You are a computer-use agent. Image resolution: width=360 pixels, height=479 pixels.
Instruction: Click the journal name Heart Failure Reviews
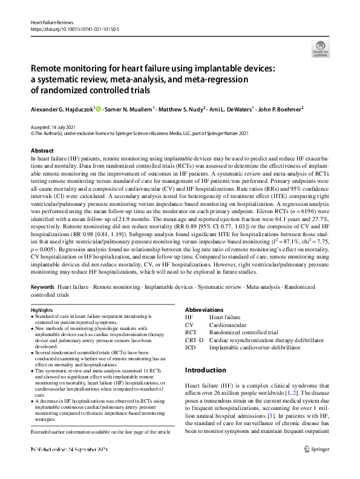47,22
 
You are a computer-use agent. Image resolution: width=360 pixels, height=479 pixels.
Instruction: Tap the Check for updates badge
319,48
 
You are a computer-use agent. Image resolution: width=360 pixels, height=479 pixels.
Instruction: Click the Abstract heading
42,150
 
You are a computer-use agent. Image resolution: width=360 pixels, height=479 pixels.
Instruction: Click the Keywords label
43,286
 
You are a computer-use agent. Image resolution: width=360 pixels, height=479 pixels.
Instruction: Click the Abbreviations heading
204,309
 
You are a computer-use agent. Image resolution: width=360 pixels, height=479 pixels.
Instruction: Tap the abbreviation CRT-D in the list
194,340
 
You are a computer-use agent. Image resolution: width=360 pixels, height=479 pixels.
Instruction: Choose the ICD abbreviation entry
190,348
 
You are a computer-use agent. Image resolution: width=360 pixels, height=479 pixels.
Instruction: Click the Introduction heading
205,370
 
